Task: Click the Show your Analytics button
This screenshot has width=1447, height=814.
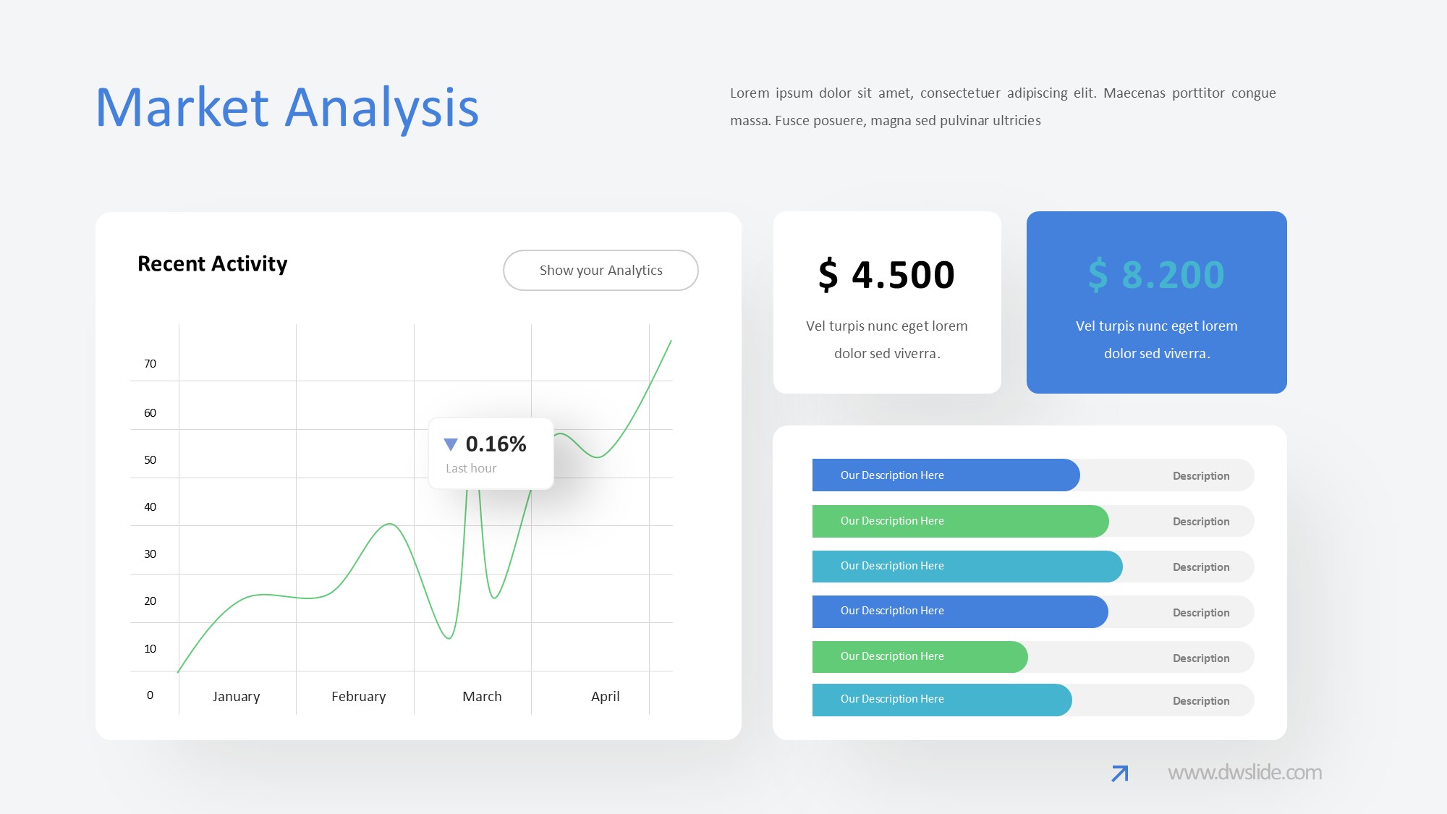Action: [x=601, y=270]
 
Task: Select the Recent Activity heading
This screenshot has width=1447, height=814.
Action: [x=212, y=263]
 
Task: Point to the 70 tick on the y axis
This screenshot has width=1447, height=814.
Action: [x=150, y=363]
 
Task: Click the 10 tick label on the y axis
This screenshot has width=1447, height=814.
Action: [x=150, y=648]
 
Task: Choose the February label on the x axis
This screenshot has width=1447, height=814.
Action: [x=358, y=696]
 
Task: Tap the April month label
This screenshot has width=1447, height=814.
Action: [x=605, y=696]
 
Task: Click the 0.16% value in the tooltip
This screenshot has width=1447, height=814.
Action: [x=496, y=444]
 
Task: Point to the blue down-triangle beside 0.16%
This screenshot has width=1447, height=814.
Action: [x=451, y=444]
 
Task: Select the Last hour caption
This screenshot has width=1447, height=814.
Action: [x=471, y=468]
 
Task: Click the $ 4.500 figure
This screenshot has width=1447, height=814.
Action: [x=886, y=275]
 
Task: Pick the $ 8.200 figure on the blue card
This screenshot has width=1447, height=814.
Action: [x=1156, y=275]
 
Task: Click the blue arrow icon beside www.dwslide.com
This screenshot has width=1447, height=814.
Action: [x=1120, y=773]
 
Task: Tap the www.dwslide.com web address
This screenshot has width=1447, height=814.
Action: [x=1244, y=772]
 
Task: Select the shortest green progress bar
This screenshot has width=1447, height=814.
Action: [x=920, y=656]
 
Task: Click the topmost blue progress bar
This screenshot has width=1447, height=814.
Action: [x=946, y=475]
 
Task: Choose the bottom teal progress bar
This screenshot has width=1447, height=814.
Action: [x=942, y=700]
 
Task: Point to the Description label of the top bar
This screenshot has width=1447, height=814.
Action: [x=1201, y=475]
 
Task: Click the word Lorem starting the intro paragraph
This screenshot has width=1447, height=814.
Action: [x=749, y=93]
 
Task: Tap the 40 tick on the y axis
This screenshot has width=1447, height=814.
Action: [x=150, y=506]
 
